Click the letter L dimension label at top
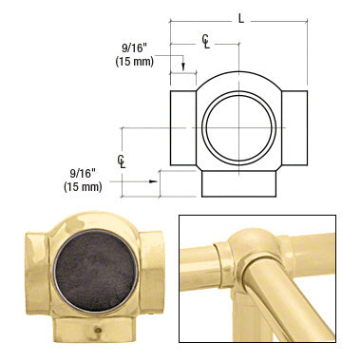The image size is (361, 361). [241, 19]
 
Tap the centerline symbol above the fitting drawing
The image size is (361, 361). [206, 41]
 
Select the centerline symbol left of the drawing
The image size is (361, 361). [122, 161]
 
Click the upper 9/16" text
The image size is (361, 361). [135, 48]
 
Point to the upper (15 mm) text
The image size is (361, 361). [135, 61]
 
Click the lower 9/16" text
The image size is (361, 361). [83, 174]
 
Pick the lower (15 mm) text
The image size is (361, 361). [83, 186]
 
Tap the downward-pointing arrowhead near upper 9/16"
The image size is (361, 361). [183, 66]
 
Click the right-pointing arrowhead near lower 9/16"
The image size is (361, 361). [154, 181]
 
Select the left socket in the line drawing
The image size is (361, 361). [183, 128]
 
